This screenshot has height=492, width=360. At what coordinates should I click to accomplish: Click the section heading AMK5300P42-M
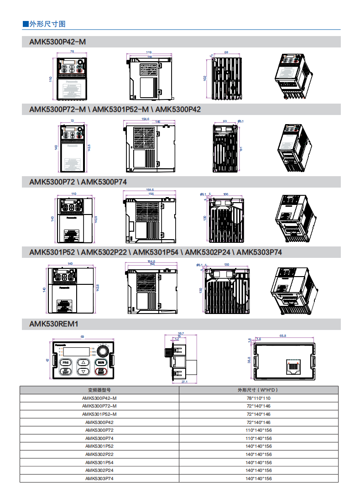[x=57, y=42]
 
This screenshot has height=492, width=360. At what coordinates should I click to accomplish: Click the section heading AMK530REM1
[x=54, y=324]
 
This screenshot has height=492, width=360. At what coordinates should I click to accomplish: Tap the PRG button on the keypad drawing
[x=65, y=362]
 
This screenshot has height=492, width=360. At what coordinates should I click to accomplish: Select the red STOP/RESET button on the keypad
[x=101, y=372]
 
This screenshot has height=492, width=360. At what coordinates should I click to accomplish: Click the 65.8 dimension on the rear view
[x=283, y=336]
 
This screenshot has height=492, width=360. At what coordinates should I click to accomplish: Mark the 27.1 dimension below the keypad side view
[x=184, y=382]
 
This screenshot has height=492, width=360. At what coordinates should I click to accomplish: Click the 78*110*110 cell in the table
[x=258, y=398]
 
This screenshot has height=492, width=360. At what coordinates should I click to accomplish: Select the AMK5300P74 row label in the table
[x=99, y=438]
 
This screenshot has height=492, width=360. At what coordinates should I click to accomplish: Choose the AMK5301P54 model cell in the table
[x=99, y=462]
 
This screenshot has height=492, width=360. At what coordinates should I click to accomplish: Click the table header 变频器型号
[x=99, y=390]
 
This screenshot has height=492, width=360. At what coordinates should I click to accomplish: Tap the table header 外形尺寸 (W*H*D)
[x=258, y=390]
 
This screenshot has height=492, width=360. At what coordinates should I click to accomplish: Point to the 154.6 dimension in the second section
[x=146, y=119]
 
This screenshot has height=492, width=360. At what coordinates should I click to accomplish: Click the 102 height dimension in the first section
[x=205, y=78]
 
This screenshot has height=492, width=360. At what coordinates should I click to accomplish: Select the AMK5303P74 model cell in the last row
[x=99, y=478]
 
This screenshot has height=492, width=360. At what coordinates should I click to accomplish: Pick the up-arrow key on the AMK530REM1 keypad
[x=83, y=362]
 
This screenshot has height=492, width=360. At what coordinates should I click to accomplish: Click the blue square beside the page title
[x=26, y=24]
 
